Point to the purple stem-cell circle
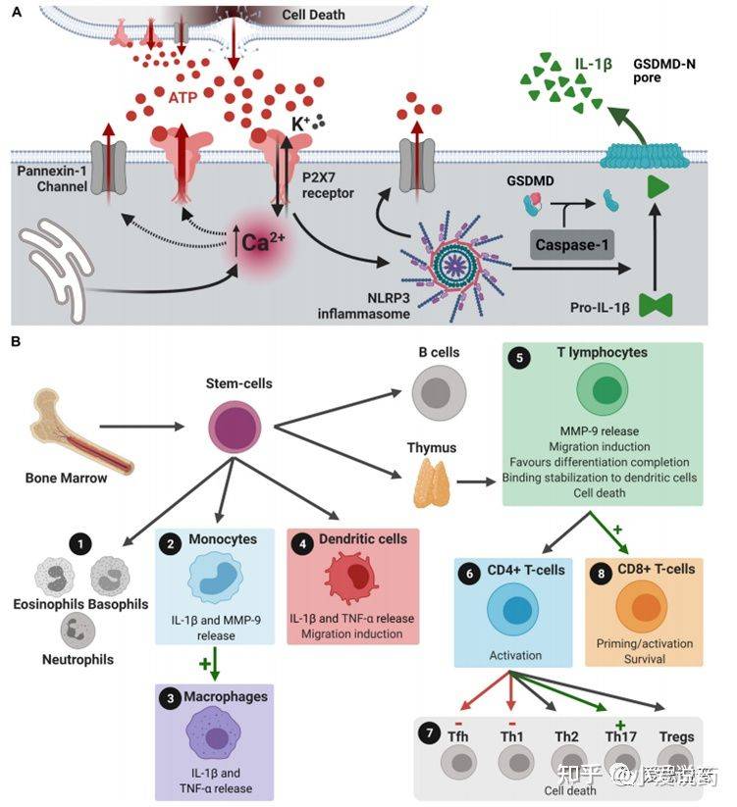(236, 427)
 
